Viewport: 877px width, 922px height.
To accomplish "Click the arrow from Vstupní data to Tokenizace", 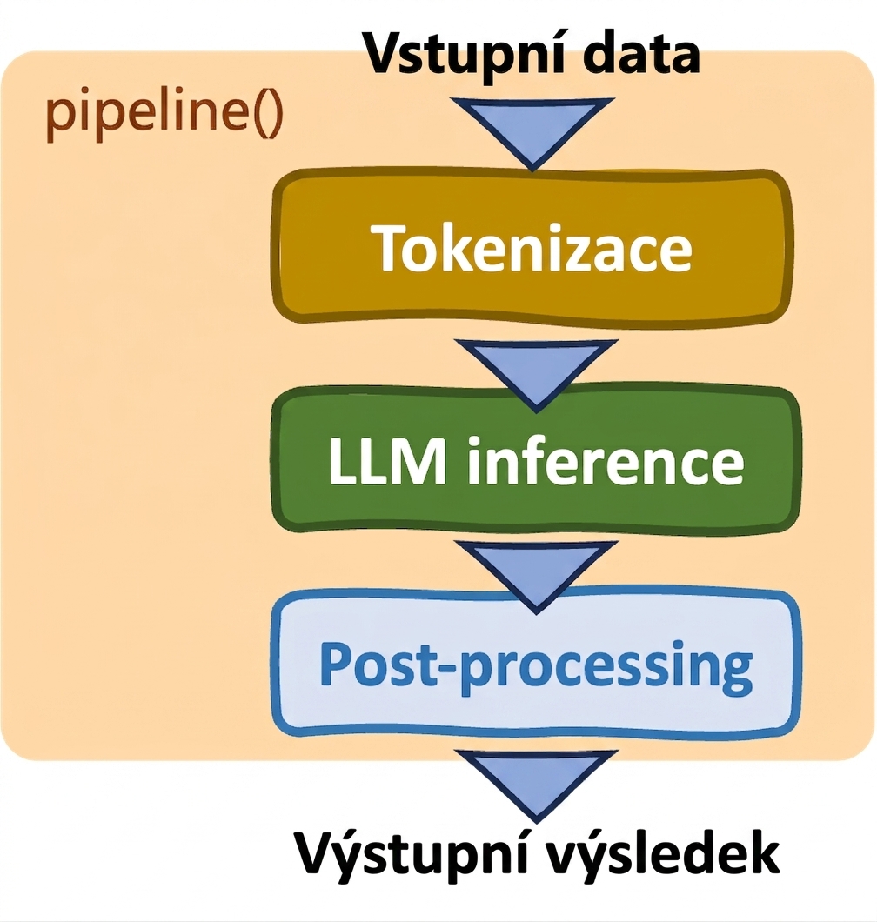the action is [533, 133].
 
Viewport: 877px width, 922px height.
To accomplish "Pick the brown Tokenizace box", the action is [531, 246].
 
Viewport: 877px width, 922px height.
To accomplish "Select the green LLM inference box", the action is [536, 459].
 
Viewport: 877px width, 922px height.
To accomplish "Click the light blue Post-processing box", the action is [536, 665].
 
